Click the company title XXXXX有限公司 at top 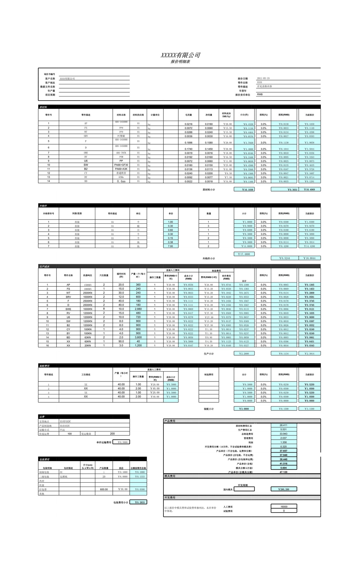(180, 55)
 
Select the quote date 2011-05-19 (263, 78)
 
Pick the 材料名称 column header (121, 115)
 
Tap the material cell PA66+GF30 (121, 165)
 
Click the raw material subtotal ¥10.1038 (244, 189)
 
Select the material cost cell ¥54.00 (226, 181)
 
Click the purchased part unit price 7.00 (170, 246)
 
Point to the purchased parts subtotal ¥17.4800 (244, 254)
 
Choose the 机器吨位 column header (87, 275)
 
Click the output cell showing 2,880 (138, 309)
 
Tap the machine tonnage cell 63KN (87, 337)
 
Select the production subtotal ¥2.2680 (244, 353)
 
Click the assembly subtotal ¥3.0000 (244, 409)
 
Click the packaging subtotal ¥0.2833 (138, 502)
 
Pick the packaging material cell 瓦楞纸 (64, 476)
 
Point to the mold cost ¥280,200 (284, 489)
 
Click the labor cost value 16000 (284, 506)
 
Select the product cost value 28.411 (283, 425)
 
